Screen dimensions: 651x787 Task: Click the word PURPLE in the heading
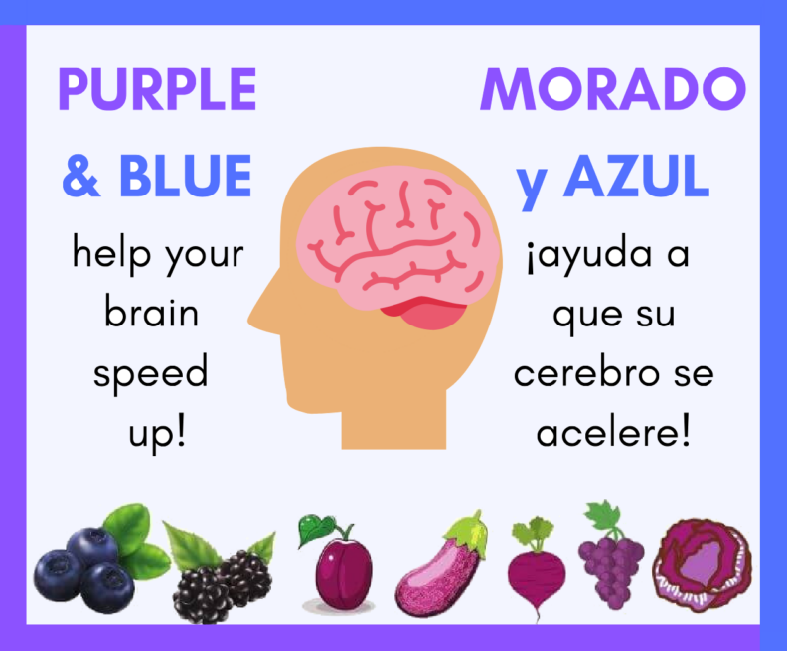[x=157, y=90]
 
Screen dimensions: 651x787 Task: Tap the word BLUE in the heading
[x=185, y=177]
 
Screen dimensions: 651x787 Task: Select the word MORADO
[x=612, y=90]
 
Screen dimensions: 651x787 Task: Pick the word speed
[x=151, y=374]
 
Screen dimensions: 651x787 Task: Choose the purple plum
[x=342, y=576]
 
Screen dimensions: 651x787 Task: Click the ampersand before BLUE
[x=80, y=177]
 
